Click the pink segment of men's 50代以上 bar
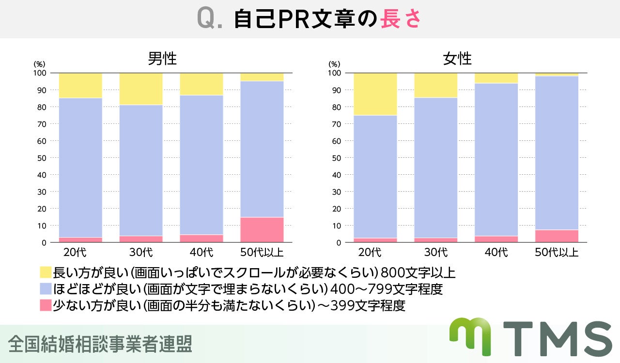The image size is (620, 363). click(262, 230)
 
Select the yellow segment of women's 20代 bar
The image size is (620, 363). click(375, 94)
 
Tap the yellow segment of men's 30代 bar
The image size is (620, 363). click(141, 89)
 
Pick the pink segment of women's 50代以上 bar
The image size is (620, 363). click(557, 236)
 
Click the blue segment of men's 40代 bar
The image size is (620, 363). click(201, 165)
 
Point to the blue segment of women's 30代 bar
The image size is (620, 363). click(436, 167)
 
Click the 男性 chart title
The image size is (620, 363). click(162, 59)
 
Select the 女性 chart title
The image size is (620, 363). click(457, 59)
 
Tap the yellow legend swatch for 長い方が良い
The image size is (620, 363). click(45, 272)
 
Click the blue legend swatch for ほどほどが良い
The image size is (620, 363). click(45, 289)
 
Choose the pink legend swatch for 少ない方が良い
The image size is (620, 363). click(45, 305)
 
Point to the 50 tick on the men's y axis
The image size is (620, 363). click(41, 158)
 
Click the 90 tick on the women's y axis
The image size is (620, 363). click(336, 90)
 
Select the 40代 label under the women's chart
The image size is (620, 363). click(496, 252)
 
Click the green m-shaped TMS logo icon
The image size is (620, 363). click(470, 336)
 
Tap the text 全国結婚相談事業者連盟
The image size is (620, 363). click(100, 344)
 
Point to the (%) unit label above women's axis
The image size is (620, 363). click(334, 64)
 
